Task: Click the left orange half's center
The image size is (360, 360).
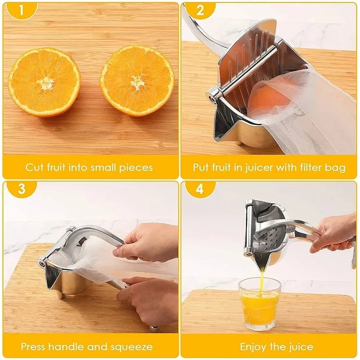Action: (x=45, y=82)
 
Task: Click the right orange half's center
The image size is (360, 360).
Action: (x=137, y=81)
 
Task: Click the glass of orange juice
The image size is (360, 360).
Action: (x=260, y=304)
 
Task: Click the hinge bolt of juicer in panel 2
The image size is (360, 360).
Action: (x=212, y=94)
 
